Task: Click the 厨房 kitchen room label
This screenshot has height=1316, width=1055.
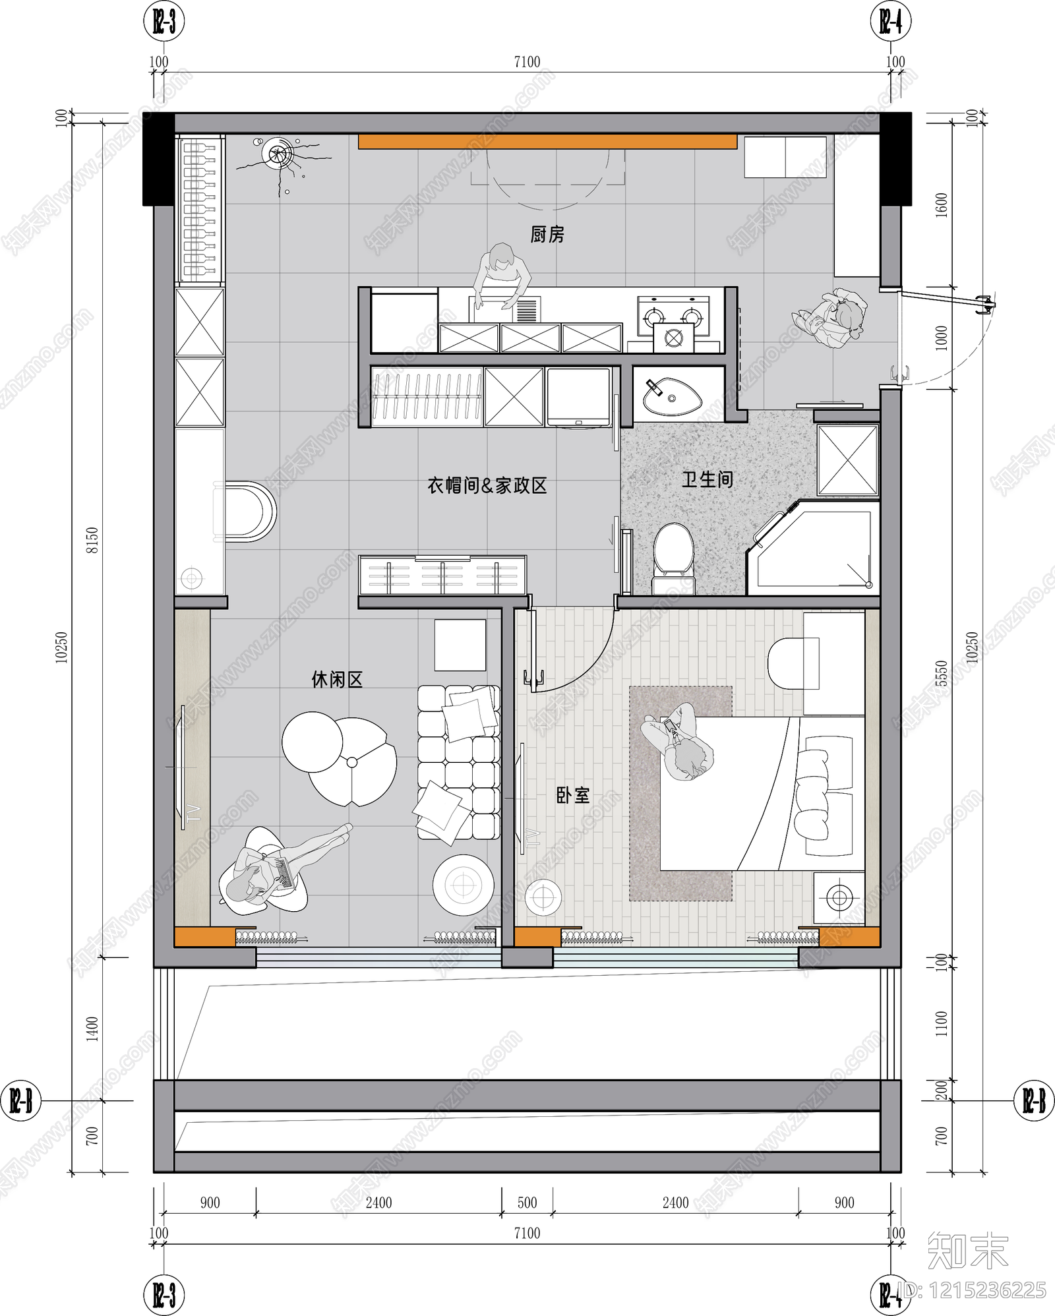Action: click(x=547, y=235)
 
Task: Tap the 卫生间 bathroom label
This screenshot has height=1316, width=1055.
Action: click(x=707, y=479)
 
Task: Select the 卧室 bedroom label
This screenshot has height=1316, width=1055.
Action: click(x=572, y=795)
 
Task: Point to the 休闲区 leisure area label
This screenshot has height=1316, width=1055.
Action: click(x=337, y=680)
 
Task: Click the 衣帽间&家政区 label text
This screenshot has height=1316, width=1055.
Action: click(x=487, y=486)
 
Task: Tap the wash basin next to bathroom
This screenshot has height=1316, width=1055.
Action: click(x=672, y=397)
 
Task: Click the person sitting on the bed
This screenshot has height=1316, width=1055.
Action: click(x=679, y=742)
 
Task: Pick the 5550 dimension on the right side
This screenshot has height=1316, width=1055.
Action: click(x=941, y=673)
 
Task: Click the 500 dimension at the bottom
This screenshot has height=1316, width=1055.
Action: click(x=527, y=1203)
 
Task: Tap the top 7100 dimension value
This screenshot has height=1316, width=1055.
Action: click(x=527, y=61)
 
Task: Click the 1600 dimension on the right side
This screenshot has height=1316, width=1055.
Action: click(x=941, y=204)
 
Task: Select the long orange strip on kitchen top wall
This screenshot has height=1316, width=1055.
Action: click(x=547, y=142)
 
